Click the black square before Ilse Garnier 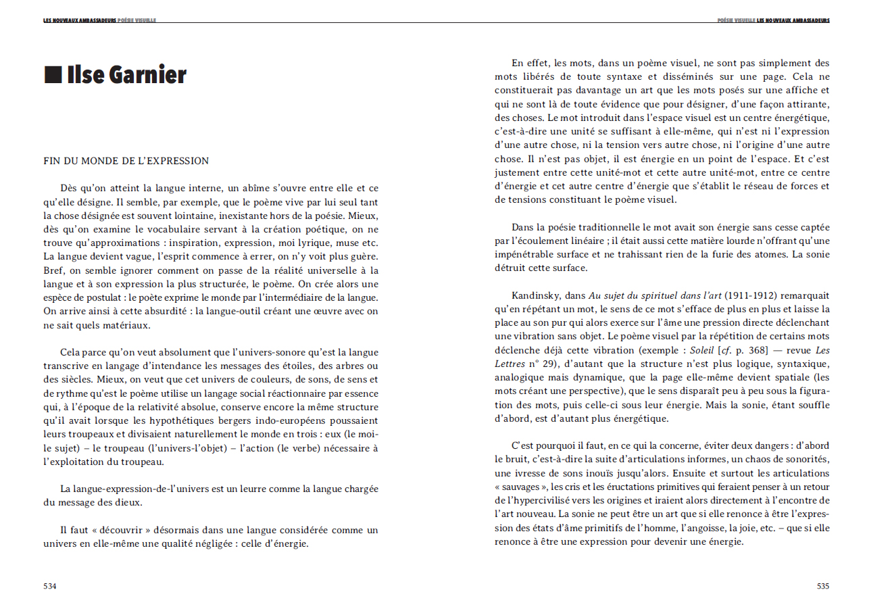(53, 75)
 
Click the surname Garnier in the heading (146, 75)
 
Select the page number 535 (822, 586)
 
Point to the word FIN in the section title (51, 161)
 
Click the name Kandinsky (532, 295)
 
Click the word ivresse (514, 473)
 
